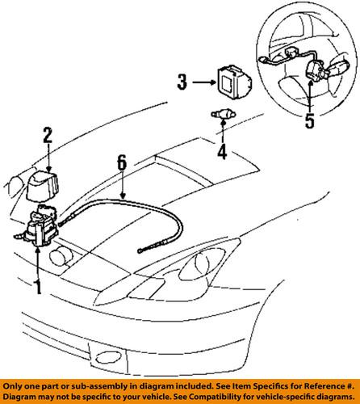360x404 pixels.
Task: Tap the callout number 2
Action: tap(48, 136)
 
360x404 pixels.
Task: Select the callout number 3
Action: tap(182, 82)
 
